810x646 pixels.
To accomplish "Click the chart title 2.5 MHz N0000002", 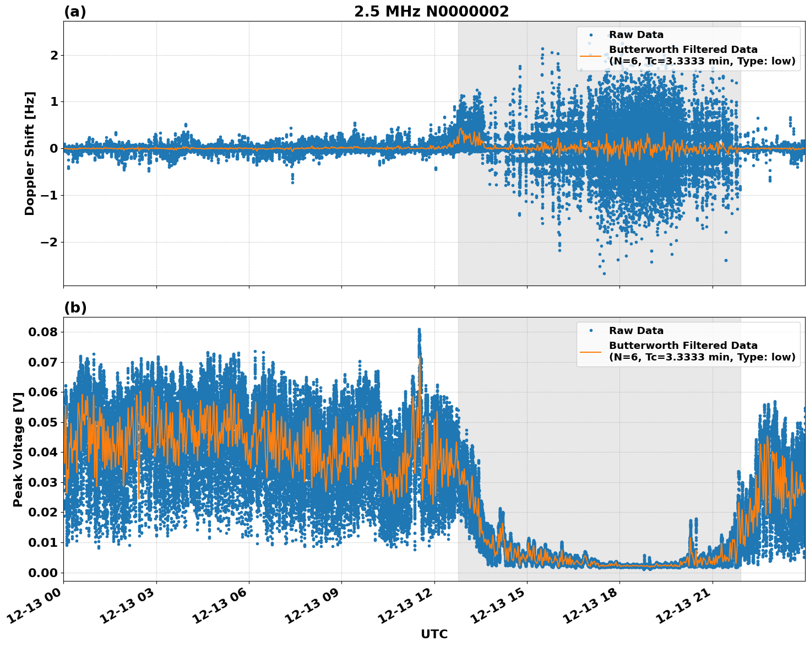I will [431, 12].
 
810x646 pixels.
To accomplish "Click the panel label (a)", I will [75, 12].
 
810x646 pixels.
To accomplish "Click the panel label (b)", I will [75, 308].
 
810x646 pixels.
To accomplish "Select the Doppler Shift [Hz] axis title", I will [30, 153].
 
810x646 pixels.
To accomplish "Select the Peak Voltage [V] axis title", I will [18, 449].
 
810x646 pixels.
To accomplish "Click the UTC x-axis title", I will [434, 634].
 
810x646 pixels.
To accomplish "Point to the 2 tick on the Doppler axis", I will [54, 55].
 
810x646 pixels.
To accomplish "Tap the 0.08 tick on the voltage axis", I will [43, 332].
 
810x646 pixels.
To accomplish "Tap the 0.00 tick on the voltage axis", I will [43, 573].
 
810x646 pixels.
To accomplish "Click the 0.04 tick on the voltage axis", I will [43, 453].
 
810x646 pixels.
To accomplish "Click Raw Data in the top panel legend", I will [636, 35].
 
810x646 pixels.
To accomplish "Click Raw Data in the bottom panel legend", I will [636, 331].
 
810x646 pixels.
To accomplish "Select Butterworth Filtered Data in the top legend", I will [683, 50].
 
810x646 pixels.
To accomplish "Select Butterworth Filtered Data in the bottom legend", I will [683, 346].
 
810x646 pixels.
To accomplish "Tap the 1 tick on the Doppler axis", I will [54, 102].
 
